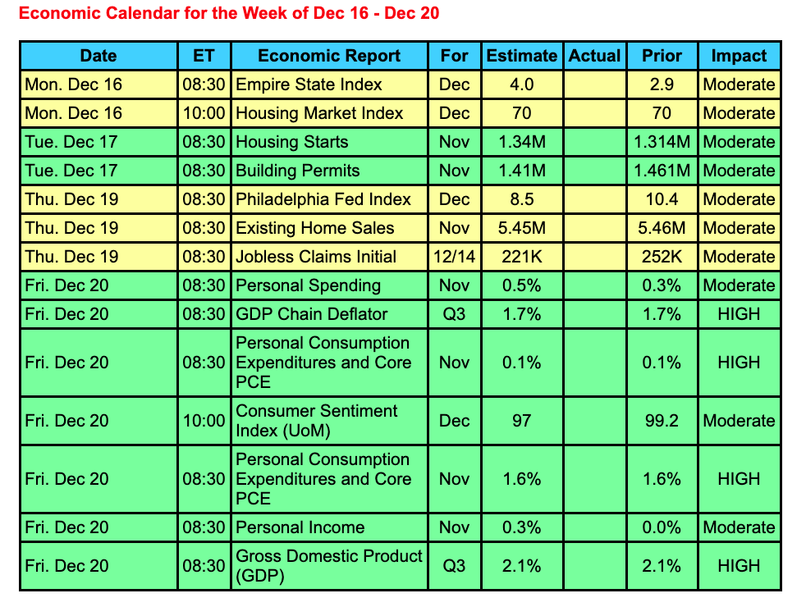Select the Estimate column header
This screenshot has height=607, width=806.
tap(521, 56)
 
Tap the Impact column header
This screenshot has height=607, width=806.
tap(739, 56)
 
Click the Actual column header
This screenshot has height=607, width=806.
tap(594, 56)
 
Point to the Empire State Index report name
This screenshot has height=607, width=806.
tap(309, 84)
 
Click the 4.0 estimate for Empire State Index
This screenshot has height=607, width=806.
tap(521, 84)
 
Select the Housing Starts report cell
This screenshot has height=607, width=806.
tap(292, 142)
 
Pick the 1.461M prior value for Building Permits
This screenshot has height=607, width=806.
tap(662, 171)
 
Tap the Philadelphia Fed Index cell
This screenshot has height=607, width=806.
tap(323, 199)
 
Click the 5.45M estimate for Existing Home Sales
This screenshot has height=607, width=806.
tap(521, 228)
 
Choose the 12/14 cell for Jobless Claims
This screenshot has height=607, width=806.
tap(454, 257)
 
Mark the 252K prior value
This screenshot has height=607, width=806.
tap(662, 257)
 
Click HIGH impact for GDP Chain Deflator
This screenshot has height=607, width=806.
tap(739, 314)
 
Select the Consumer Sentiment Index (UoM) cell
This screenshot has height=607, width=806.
tap(317, 420)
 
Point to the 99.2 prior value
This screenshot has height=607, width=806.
tap(662, 421)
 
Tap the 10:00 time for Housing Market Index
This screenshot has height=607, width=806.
tap(204, 113)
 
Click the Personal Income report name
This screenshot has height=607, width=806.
tap(300, 527)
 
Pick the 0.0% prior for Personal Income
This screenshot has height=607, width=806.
tap(662, 527)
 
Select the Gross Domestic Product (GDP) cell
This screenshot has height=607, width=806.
tap(329, 565)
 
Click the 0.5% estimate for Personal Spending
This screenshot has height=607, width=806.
tap(521, 285)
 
